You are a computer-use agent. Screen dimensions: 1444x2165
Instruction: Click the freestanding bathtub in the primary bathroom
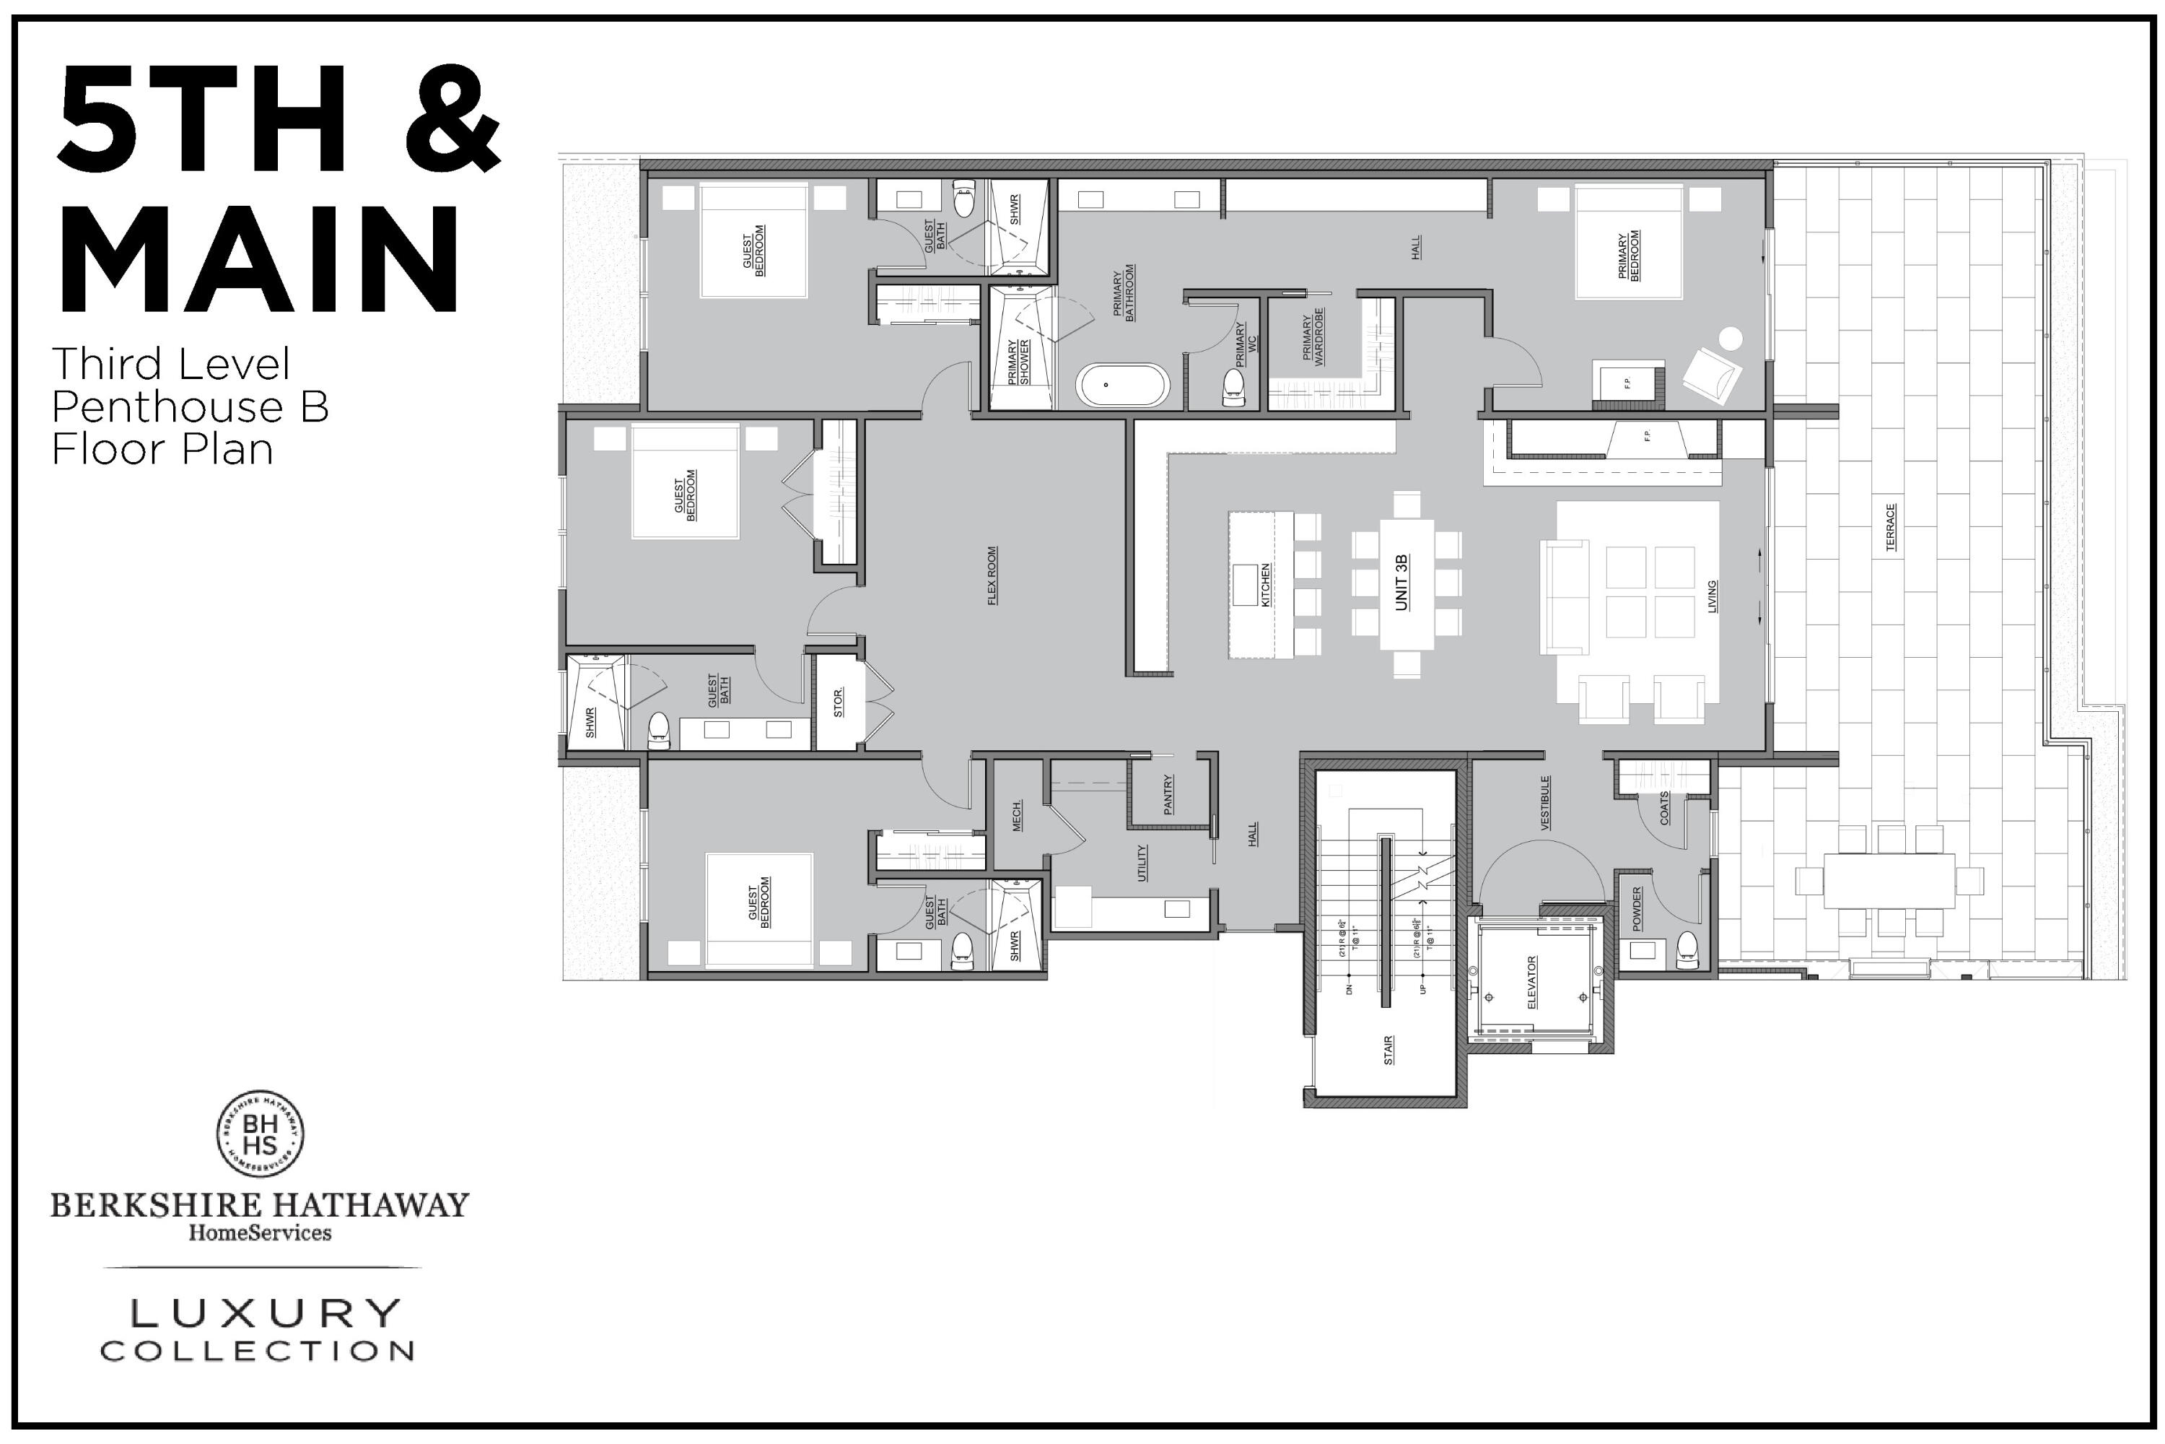1122,385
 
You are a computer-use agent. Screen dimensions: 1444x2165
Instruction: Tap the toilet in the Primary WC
1233,387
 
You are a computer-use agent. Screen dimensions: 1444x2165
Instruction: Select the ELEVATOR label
1531,982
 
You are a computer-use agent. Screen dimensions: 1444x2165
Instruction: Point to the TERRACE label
1891,527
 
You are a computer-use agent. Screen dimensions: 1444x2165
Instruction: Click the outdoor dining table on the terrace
1889,880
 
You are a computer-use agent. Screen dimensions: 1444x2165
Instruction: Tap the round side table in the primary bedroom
1731,338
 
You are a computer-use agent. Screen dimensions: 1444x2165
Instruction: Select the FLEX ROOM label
992,575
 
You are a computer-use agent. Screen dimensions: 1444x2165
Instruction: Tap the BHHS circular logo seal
261,1134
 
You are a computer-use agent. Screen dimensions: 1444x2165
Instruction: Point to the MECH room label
1017,816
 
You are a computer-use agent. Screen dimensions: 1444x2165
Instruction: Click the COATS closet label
1664,808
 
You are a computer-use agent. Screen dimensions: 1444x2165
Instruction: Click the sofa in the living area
1565,599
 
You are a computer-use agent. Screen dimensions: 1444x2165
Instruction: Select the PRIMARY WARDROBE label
1313,341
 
